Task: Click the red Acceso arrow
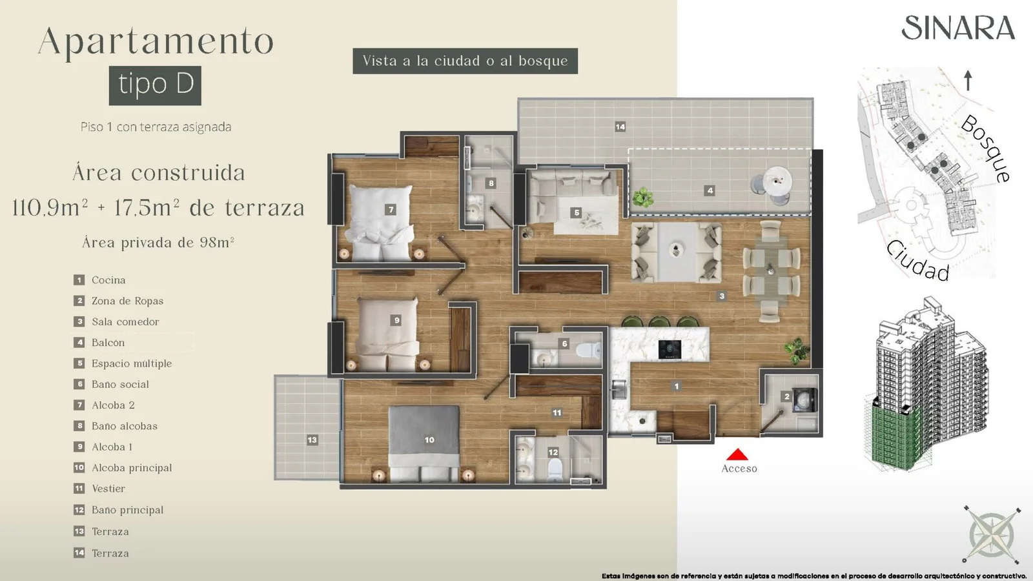(x=737, y=454)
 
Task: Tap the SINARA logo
(x=958, y=28)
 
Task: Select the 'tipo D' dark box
(x=155, y=85)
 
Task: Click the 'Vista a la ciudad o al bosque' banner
(x=465, y=61)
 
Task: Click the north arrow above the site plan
(x=968, y=81)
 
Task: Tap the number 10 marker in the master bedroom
(x=429, y=440)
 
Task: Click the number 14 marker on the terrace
(x=620, y=127)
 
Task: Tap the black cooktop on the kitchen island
(x=670, y=349)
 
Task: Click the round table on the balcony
(x=777, y=181)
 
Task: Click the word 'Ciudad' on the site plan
(x=917, y=261)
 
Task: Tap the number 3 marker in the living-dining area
(x=722, y=296)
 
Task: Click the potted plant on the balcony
(x=643, y=197)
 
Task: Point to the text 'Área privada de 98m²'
(x=158, y=242)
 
